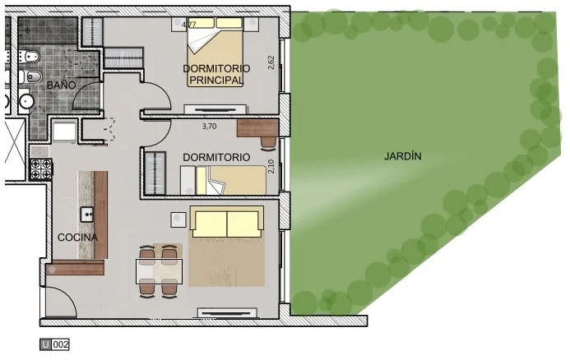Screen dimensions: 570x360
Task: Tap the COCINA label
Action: (x=78, y=238)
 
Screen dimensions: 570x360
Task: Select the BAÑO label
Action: (x=62, y=85)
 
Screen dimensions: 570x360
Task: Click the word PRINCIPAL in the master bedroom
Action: (x=216, y=81)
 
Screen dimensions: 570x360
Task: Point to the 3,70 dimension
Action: (x=209, y=127)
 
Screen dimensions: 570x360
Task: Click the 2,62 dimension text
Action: (x=271, y=62)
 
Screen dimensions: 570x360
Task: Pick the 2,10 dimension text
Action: (x=271, y=167)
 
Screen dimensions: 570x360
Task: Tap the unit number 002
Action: (x=60, y=344)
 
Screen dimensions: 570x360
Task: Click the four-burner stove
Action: (x=41, y=169)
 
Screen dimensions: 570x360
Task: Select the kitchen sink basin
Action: (x=87, y=214)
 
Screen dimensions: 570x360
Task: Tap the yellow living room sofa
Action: (x=227, y=222)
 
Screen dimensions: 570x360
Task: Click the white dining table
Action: (x=160, y=271)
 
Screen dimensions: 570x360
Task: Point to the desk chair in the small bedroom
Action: (x=269, y=143)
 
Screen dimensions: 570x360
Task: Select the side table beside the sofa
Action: (x=178, y=219)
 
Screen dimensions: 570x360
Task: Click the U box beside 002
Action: (x=45, y=344)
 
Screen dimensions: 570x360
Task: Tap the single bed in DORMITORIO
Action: (x=224, y=180)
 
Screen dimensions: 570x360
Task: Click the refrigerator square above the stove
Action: (x=64, y=132)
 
